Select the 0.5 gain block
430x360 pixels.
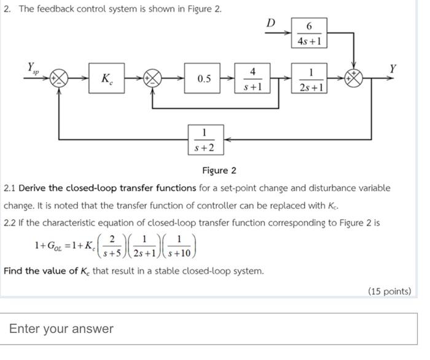pyautogui.click(x=204, y=79)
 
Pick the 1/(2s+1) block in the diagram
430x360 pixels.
pyautogui.click(x=309, y=79)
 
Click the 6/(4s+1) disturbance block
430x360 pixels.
pyautogui.click(x=309, y=34)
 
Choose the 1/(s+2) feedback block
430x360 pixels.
pyautogui.click(x=204, y=139)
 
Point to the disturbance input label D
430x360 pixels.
pyautogui.click(x=271, y=23)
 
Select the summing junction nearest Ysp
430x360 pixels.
pyautogui.click(x=60, y=79)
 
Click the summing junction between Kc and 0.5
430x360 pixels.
pyautogui.click(x=152, y=79)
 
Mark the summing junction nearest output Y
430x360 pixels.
pyautogui.click(x=355, y=79)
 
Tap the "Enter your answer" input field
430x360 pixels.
pyautogui.click(x=209, y=329)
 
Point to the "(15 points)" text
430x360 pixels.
pyautogui.click(x=389, y=291)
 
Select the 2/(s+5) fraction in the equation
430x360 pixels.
pyautogui.click(x=112, y=245)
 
